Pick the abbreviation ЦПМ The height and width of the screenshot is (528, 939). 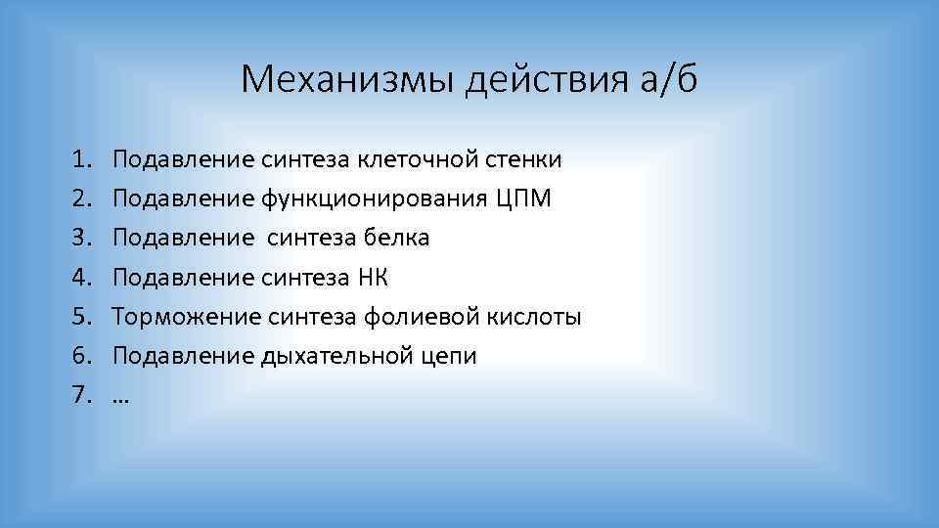click(x=522, y=198)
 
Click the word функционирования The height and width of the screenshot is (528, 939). click(x=373, y=199)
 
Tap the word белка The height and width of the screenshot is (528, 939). click(x=396, y=238)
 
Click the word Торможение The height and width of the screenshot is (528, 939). click(x=185, y=317)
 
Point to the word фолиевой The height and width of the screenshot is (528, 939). click(x=407, y=317)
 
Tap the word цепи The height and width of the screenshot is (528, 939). click(x=449, y=357)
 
